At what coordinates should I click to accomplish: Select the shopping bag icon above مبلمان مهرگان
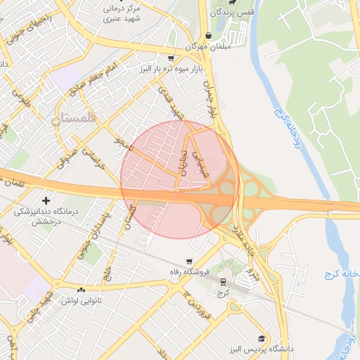tap(209, 36)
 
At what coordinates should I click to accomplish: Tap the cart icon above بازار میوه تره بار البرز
tap(171, 58)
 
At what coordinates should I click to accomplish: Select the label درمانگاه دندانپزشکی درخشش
tap(47, 216)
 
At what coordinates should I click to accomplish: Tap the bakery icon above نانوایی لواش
tap(82, 290)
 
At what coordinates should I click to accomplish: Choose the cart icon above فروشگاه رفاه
tap(188, 261)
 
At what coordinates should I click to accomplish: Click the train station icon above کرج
tap(224, 281)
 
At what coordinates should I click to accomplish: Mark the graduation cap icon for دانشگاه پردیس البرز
tap(262, 338)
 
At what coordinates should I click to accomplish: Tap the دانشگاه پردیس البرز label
tap(260, 349)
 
